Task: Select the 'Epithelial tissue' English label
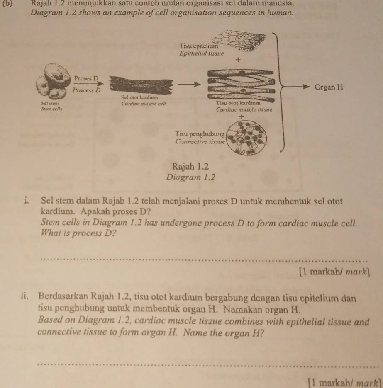[201, 53]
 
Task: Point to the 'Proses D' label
[86, 78]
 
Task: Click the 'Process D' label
[85, 90]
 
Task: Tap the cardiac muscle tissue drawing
[241, 85]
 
